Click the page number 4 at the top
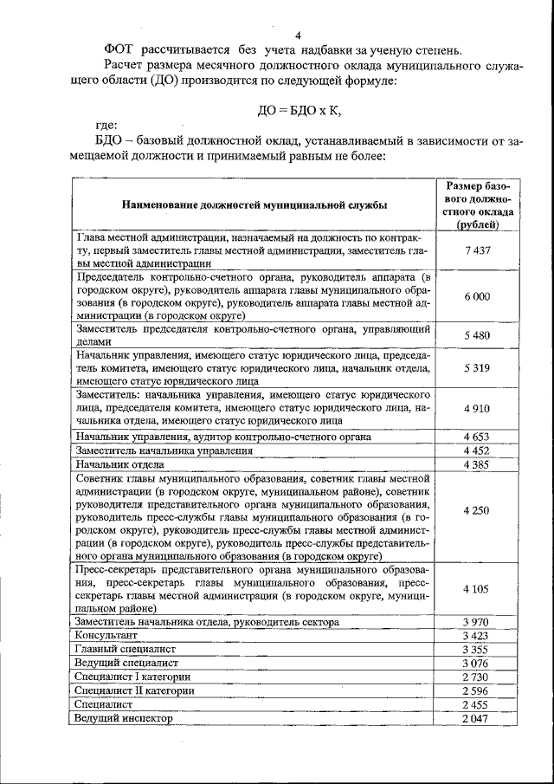(x=298, y=36)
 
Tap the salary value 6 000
(x=477, y=296)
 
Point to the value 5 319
(x=477, y=367)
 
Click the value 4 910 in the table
(x=477, y=407)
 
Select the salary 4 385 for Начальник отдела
(x=477, y=464)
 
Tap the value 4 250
(x=477, y=510)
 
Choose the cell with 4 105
(x=477, y=589)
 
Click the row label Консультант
(x=108, y=635)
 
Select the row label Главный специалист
(x=126, y=649)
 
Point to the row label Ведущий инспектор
(x=125, y=718)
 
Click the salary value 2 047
(x=477, y=718)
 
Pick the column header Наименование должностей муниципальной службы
(x=254, y=205)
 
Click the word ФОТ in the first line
(x=120, y=49)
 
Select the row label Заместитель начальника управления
(x=164, y=450)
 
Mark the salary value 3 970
(x=477, y=621)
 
